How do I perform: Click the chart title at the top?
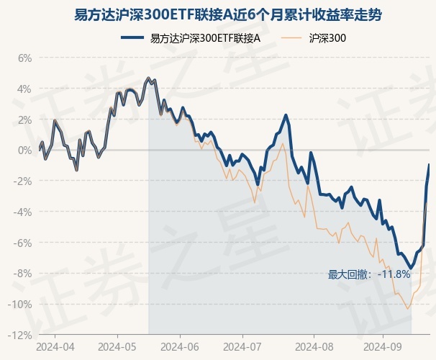pyautogui.click(x=217, y=14)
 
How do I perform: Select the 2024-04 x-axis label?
pyautogui.click(x=56, y=347)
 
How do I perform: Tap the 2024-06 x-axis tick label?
pyautogui.click(x=183, y=347)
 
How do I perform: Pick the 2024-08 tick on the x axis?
pyautogui.click(x=315, y=347)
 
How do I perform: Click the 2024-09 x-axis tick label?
pyautogui.click(x=383, y=347)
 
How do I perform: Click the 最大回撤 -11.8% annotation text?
pyautogui.click(x=369, y=274)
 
